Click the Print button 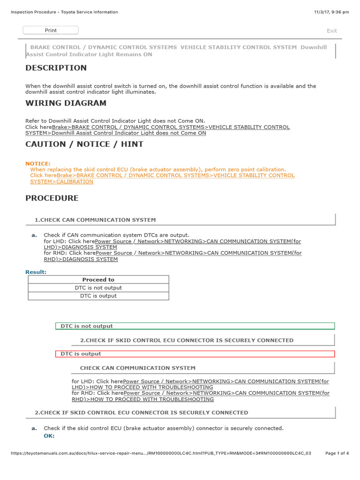(x=51, y=30)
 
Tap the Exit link (x=332, y=31)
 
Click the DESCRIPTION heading (x=56, y=68)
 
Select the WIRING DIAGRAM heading (x=66, y=103)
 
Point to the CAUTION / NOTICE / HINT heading (x=84, y=144)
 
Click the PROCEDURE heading (x=52, y=198)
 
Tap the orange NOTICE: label (x=38, y=164)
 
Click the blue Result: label (x=36, y=272)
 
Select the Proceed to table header (x=98, y=280)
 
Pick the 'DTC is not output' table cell (x=98, y=288)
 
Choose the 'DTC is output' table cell (x=98, y=296)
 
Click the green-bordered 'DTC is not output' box (x=195, y=326)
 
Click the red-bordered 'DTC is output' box (x=195, y=354)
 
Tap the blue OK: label (x=49, y=436)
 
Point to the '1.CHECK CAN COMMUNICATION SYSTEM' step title (x=95, y=220)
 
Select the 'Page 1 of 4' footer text (x=337, y=453)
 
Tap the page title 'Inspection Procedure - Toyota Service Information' (x=64, y=12)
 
